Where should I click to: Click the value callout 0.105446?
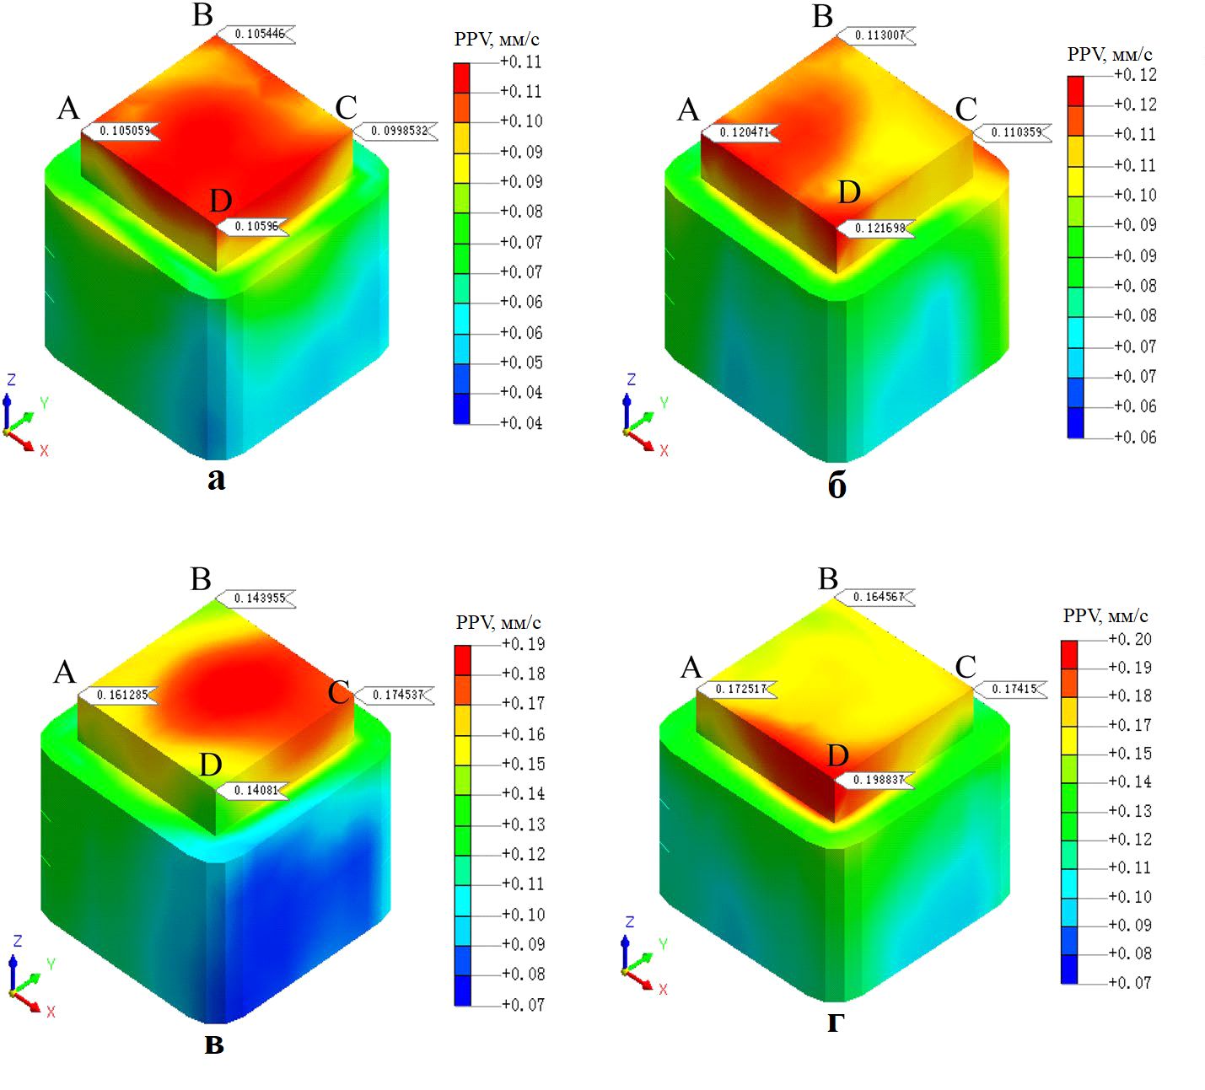(x=259, y=35)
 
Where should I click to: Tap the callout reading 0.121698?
(x=879, y=228)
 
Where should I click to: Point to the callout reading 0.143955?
(x=259, y=599)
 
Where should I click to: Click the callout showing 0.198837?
(x=878, y=780)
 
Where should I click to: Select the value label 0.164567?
(x=878, y=597)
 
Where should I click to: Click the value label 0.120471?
(x=743, y=133)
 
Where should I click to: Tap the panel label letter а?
(x=217, y=480)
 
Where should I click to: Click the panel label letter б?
(x=837, y=486)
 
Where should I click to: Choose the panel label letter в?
(x=214, y=1044)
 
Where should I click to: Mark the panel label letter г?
(x=835, y=1023)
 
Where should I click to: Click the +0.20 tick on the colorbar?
(x=1130, y=639)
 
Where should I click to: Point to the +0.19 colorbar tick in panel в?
(x=523, y=644)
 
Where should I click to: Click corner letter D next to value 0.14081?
(x=211, y=765)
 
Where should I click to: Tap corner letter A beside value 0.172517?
(x=691, y=668)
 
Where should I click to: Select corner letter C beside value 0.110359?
(x=966, y=109)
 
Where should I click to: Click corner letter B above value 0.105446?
(x=202, y=15)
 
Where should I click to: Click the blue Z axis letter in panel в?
(x=17, y=941)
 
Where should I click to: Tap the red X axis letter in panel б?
(x=664, y=451)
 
